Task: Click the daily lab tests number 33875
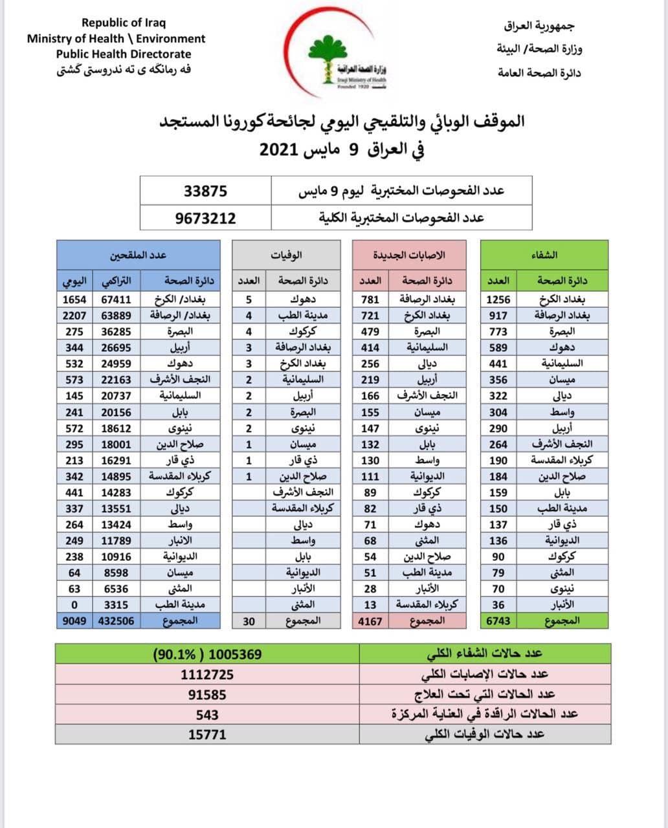(205, 191)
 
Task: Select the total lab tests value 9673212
(205, 219)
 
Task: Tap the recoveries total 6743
(498, 621)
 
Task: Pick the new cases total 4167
(370, 621)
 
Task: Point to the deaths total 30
(249, 621)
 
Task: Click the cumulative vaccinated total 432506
(116, 621)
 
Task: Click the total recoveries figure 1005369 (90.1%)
(208, 654)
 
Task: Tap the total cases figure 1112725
(207, 674)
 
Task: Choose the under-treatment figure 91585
(207, 695)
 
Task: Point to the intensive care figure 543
(207, 715)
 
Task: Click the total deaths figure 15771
(207, 735)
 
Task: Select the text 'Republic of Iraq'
(124, 23)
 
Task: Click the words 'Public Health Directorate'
(124, 54)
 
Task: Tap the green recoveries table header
(544, 255)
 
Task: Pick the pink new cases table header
(408, 255)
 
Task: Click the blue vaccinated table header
(138, 255)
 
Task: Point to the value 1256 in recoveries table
(498, 300)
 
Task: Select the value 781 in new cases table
(370, 300)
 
